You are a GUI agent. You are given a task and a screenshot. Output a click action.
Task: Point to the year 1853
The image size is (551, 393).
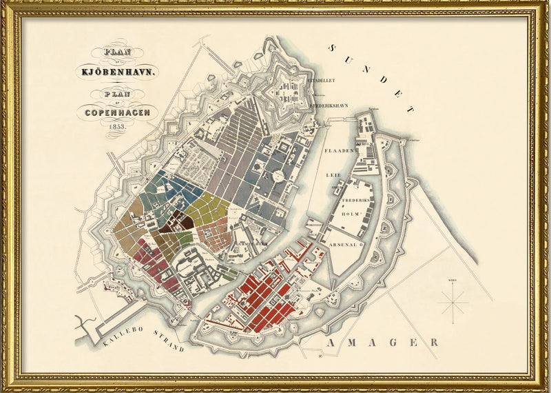coord(116,126)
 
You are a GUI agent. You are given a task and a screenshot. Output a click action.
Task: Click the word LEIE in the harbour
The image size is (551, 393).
coord(333,175)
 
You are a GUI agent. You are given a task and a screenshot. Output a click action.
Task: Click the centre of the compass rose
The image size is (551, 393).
coord(454,301)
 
